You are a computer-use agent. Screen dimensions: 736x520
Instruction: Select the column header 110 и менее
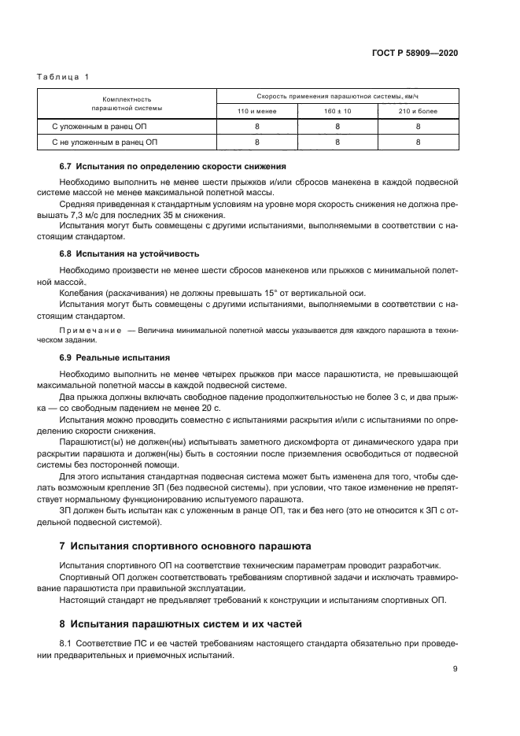tap(256, 111)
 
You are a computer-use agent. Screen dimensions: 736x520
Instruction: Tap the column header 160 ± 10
tap(337, 111)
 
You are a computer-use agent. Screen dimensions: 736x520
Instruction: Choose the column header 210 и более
tap(418, 111)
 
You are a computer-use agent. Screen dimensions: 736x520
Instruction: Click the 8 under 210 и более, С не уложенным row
tap(418, 142)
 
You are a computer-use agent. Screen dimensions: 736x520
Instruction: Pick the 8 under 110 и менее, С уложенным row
tap(256, 126)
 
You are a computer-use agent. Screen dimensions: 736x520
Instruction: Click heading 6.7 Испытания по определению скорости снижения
tap(172, 167)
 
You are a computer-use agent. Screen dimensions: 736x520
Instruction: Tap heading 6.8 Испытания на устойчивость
tap(130, 253)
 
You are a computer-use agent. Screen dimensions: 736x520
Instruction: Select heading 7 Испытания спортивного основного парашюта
tap(186, 546)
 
